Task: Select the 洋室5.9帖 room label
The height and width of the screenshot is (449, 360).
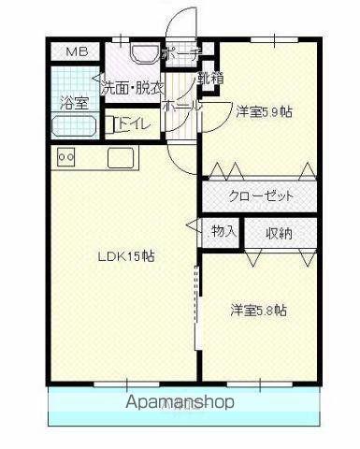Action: (x=263, y=110)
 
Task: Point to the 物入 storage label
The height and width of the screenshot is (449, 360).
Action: (x=223, y=229)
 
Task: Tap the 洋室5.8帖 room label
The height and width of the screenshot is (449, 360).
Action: (x=259, y=310)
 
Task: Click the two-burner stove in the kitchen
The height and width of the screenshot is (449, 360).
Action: (x=66, y=157)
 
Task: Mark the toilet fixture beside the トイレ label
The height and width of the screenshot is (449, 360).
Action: (x=111, y=123)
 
